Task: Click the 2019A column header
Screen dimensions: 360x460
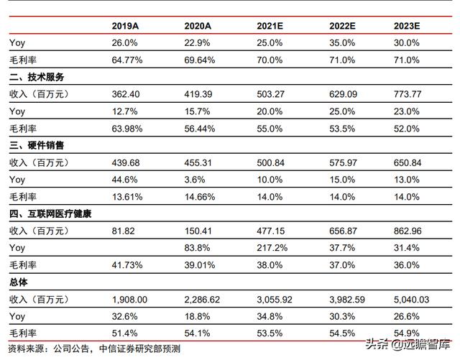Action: coord(125,26)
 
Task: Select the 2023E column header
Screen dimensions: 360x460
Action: coord(407,26)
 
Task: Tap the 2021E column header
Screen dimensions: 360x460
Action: coord(270,26)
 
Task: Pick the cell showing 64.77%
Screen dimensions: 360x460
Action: coord(127,60)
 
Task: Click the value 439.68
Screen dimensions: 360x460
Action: coord(127,162)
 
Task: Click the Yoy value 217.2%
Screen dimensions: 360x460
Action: coord(271,248)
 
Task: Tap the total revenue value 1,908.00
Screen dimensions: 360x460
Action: coord(130,299)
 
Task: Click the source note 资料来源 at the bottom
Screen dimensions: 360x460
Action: coord(93,349)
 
